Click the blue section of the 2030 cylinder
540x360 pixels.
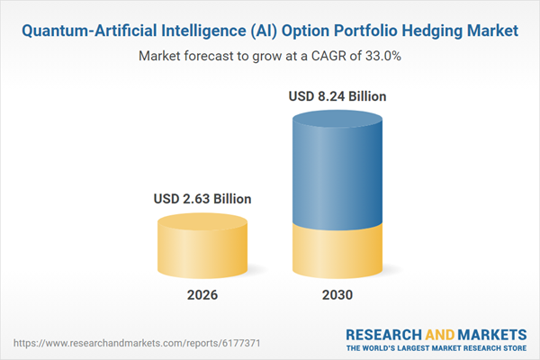pyautogui.click(x=337, y=171)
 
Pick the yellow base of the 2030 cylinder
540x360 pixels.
pyautogui.click(x=337, y=252)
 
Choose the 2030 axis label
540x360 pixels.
pyautogui.click(x=337, y=295)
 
